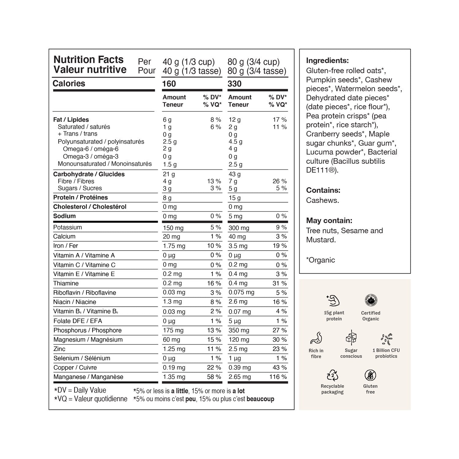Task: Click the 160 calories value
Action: (x=169, y=84)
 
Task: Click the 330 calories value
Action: (x=235, y=84)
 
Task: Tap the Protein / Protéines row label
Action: (x=80, y=197)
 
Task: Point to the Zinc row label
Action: (x=59, y=349)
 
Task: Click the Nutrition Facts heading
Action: (x=88, y=59)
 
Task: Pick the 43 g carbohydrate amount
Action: (x=235, y=174)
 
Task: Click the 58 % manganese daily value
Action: (x=214, y=377)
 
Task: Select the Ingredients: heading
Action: (x=327, y=61)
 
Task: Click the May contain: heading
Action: (x=329, y=220)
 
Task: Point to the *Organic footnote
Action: (x=320, y=260)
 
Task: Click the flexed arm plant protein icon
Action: (x=333, y=301)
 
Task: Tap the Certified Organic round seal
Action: (x=371, y=300)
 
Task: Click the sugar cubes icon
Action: (x=351, y=338)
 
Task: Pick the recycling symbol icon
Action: (x=333, y=375)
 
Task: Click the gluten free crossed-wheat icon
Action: (x=370, y=375)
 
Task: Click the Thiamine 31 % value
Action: (x=279, y=283)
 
